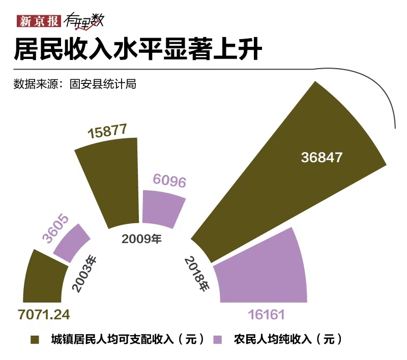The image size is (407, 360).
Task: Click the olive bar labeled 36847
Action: coord(285,173)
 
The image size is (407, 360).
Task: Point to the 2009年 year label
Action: coord(141,238)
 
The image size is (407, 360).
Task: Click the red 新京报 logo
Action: coord(38,21)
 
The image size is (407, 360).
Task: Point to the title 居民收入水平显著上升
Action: coord(137,51)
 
